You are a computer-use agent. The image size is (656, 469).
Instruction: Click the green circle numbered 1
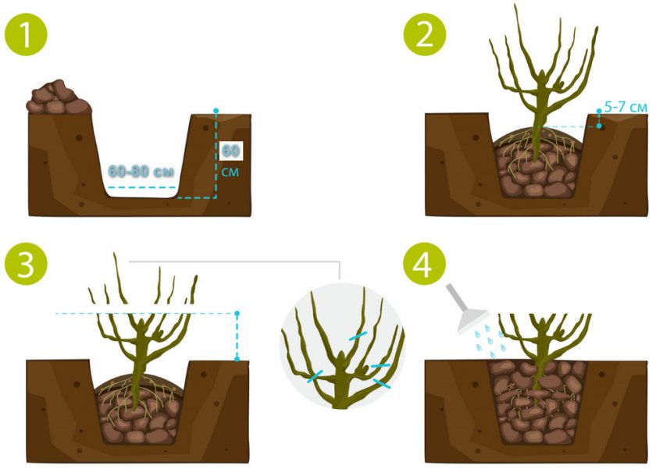pyautogui.click(x=26, y=34)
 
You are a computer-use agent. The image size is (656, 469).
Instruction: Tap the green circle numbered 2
pyautogui.click(x=425, y=34)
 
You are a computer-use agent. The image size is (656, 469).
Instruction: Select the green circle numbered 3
pyautogui.click(x=26, y=264)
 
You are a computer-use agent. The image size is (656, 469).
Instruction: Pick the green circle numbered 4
pyautogui.click(x=425, y=264)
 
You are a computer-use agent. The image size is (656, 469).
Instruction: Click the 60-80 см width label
pyautogui.click(x=141, y=171)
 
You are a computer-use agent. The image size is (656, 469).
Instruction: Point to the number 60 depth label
pyautogui.click(x=230, y=151)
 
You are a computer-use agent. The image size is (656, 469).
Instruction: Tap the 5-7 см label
pyautogui.click(x=626, y=108)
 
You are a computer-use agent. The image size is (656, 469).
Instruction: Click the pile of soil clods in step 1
pyautogui.click(x=59, y=98)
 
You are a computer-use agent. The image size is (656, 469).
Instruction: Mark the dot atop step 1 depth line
pyautogui.click(x=216, y=111)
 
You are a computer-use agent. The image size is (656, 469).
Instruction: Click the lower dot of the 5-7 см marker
pyautogui.click(x=600, y=126)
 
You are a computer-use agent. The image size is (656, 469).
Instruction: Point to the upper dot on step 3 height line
pyautogui.click(x=237, y=313)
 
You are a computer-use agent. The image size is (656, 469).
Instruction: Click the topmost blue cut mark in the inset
pyautogui.click(x=358, y=336)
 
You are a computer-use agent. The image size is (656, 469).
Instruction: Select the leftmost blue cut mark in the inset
pyautogui.click(x=315, y=376)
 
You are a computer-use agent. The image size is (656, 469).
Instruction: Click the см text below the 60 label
pyautogui.click(x=230, y=172)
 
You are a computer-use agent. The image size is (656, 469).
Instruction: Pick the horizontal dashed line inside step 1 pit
pyautogui.click(x=141, y=188)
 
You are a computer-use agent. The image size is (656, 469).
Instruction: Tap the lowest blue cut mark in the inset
pyautogui.click(x=382, y=384)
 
